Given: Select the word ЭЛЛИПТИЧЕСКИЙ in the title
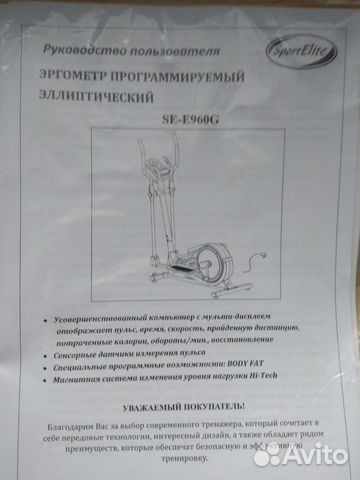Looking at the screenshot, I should [x=97, y=98].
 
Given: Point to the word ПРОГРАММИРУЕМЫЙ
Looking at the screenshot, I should [x=189, y=78].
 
